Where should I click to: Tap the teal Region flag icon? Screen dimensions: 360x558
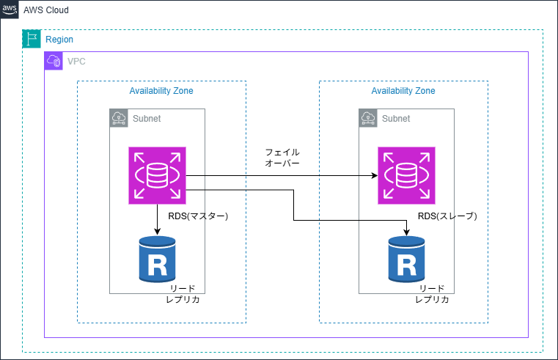[x=31, y=40]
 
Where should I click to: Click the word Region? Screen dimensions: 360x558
[x=59, y=40]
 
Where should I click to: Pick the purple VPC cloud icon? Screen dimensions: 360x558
[x=54, y=61]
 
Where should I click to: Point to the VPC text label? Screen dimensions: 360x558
[x=76, y=62]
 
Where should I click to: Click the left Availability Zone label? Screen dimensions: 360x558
[x=161, y=91]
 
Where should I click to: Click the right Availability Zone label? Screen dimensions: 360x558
[x=403, y=91]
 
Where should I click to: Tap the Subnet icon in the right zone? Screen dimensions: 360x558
[x=368, y=118]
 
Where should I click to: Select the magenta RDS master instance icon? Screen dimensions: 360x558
[x=158, y=175]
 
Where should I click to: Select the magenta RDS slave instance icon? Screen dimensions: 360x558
[x=406, y=175]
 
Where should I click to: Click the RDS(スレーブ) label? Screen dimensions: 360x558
[x=447, y=216]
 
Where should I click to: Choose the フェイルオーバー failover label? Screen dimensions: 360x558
[x=282, y=158]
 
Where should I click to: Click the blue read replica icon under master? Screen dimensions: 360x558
[x=157, y=259]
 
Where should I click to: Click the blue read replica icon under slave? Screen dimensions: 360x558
[x=406, y=259]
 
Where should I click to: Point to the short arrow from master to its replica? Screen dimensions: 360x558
[x=158, y=219]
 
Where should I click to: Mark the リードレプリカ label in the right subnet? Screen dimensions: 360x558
[x=431, y=294]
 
